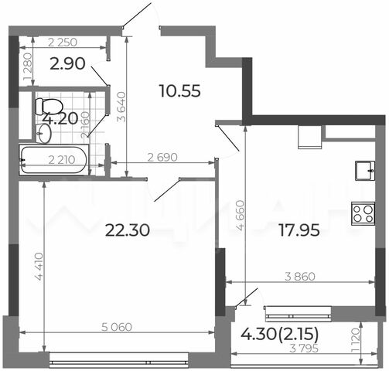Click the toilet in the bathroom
coord(49,107)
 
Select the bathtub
coord(54,160)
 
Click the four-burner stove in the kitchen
coord(363,213)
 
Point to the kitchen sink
coord(365,171)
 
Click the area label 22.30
coord(128,230)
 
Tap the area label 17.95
coord(299,230)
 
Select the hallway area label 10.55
coord(180,91)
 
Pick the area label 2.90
coord(67,63)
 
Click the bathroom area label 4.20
coord(60,119)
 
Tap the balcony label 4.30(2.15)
coord(280,334)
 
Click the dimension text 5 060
coord(117,327)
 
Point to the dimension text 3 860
coord(300,277)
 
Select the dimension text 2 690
coord(162,157)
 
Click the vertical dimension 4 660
coord(241,216)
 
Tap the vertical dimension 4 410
coord(39,267)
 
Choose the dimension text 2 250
coord(63,43)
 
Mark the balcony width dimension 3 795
coord(304,349)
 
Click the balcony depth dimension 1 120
coord(355,340)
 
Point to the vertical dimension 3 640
coord(121,107)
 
